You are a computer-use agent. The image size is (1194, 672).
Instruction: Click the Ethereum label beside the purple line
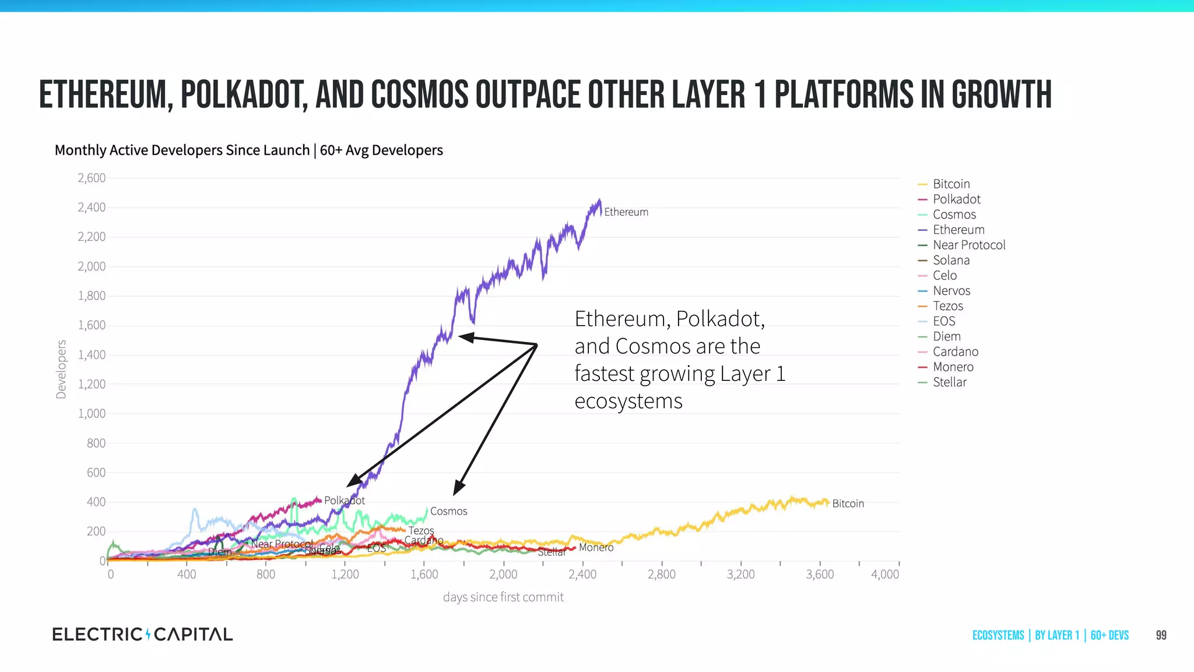coord(626,212)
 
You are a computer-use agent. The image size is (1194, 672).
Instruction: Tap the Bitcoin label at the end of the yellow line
coord(848,503)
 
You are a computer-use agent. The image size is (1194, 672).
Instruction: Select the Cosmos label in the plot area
coord(448,511)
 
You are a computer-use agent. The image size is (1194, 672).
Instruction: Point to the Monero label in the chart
coord(596,547)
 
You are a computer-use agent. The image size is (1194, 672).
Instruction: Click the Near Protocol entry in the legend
coord(968,245)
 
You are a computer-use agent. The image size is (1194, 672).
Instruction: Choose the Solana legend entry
coord(951,260)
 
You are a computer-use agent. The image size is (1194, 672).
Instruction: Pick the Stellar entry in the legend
coord(949,382)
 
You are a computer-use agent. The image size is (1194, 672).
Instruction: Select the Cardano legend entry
coord(955,352)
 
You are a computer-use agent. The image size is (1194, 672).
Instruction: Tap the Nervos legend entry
coord(951,290)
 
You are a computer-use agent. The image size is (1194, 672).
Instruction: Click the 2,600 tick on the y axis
coord(92,178)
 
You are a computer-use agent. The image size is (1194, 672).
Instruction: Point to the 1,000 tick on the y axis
coord(92,414)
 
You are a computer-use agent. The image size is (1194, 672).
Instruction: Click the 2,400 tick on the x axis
coord(582,574)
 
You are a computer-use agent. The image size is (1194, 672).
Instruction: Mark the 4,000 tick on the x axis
coord(884,574)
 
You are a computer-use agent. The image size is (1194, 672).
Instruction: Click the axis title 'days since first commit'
coord(503,597)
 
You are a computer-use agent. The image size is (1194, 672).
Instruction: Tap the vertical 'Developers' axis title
coord(61,369)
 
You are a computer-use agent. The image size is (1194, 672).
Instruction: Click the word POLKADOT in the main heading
coord(243,95)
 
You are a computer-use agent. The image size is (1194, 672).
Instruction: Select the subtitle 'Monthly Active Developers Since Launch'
coord(182,150)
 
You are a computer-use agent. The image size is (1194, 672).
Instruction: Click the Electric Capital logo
coord(142,634)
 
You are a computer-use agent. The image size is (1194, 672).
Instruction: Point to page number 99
coord(1161,635)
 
